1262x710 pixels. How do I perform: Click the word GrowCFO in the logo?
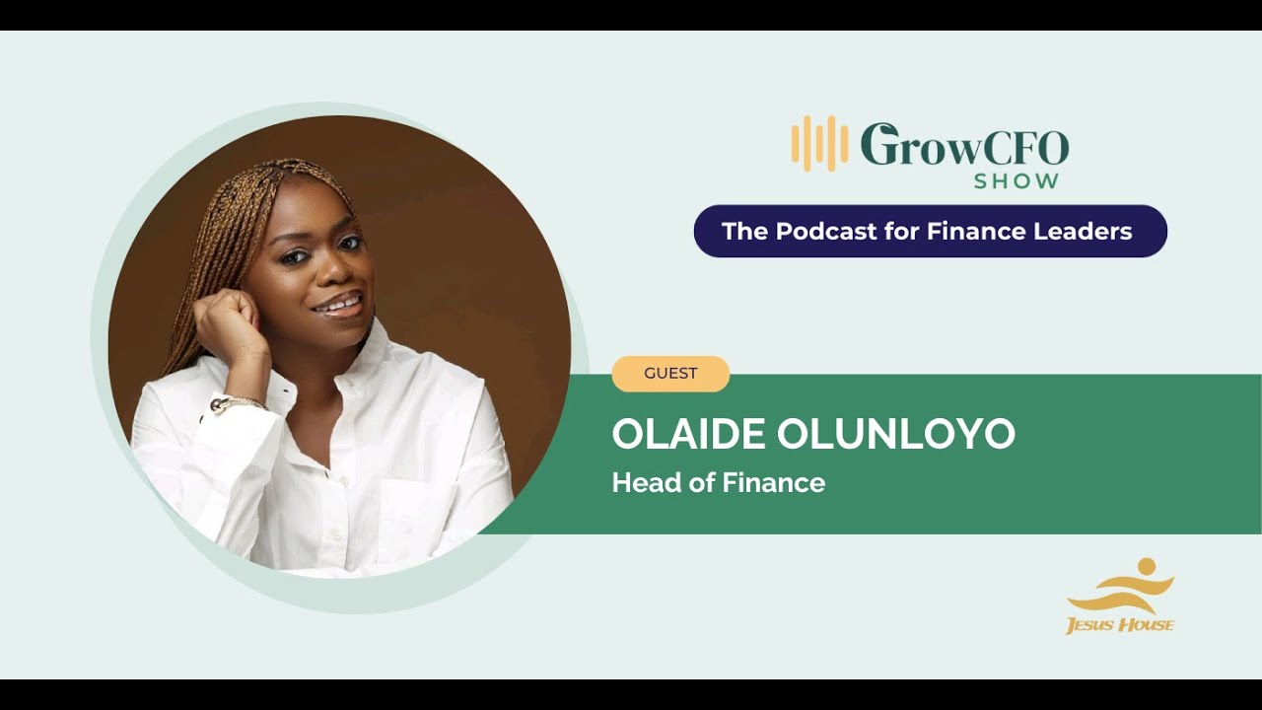tap(964, 146)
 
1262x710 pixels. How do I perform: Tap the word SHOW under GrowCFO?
tap(1017, 181)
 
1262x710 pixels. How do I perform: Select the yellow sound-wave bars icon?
tap(819, 144)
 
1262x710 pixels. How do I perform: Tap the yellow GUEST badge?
tap(670, 374)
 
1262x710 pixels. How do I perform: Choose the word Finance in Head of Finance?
tap(773, 483)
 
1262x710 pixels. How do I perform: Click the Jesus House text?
tap(1120, 624)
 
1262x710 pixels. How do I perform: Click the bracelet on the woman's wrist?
tap(237, 403)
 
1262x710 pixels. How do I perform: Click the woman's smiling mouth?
tap(337, 305)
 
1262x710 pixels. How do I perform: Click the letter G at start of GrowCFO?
tap(878, 145)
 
